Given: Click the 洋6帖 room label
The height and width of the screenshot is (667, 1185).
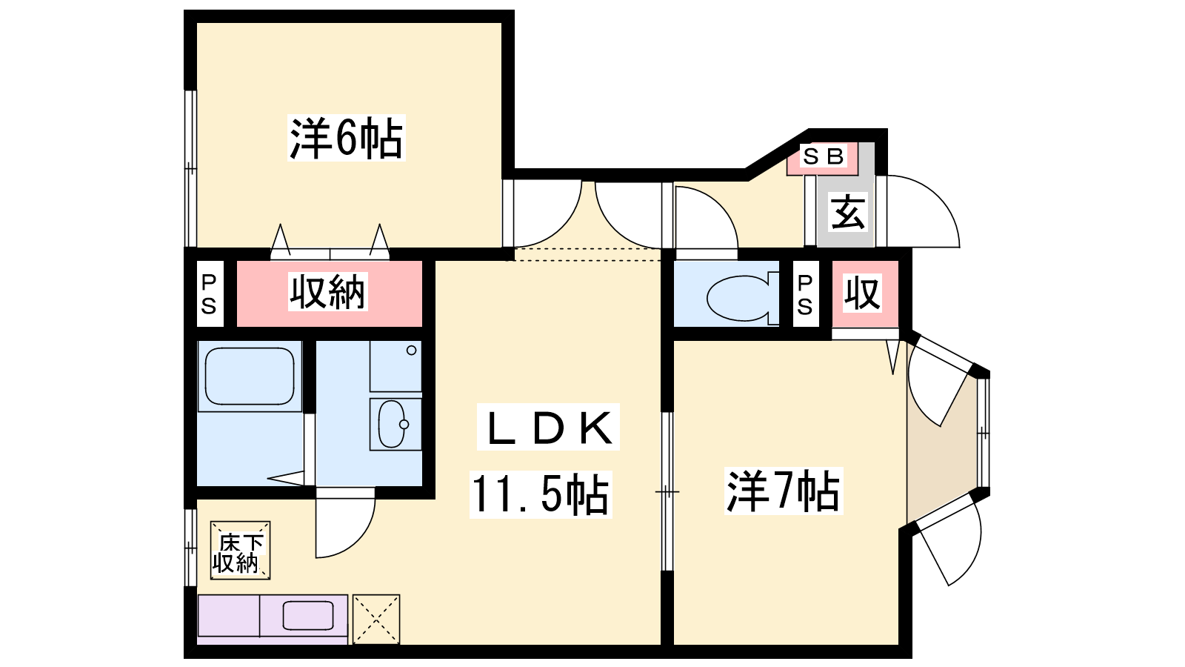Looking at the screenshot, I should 346,138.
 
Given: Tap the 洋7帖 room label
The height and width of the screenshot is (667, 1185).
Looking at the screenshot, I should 783,491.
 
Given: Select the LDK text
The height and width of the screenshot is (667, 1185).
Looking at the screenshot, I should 549,428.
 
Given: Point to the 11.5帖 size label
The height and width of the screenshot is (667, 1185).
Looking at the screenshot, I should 540,494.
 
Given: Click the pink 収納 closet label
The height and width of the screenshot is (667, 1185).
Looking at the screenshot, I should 328,292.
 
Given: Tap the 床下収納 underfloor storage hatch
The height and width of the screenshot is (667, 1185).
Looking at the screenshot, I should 240,551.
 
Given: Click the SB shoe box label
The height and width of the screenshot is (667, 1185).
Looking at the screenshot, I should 823,157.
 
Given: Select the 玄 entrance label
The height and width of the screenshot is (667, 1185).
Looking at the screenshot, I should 847,213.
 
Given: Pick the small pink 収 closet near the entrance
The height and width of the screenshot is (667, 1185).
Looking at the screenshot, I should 864,293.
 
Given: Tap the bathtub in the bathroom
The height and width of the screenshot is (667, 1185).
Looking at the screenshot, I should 250,376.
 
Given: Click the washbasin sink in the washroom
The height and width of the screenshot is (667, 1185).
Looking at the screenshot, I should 393,424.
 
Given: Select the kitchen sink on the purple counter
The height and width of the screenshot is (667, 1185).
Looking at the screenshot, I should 307,615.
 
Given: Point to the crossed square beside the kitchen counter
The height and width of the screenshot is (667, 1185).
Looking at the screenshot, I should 376,619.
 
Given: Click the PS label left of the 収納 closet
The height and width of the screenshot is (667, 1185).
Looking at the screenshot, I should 209,293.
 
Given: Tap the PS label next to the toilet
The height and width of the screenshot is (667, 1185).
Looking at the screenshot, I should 805,294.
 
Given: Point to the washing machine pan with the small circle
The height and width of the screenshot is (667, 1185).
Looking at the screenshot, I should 396,366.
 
